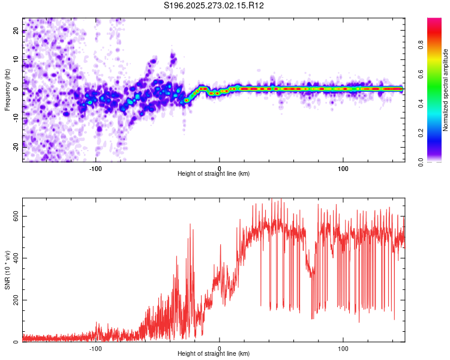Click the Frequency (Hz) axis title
[x=8, y=88]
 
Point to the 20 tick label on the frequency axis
[x=16, y=31]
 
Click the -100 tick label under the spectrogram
[x=95, y=167]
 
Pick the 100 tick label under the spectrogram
[x=343, y=167]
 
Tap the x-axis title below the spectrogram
[x=214, y=174]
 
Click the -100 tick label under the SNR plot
[x=95, y=349]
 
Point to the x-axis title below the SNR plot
[x=214, y=355]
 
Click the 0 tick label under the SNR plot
[x=220, y=349]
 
